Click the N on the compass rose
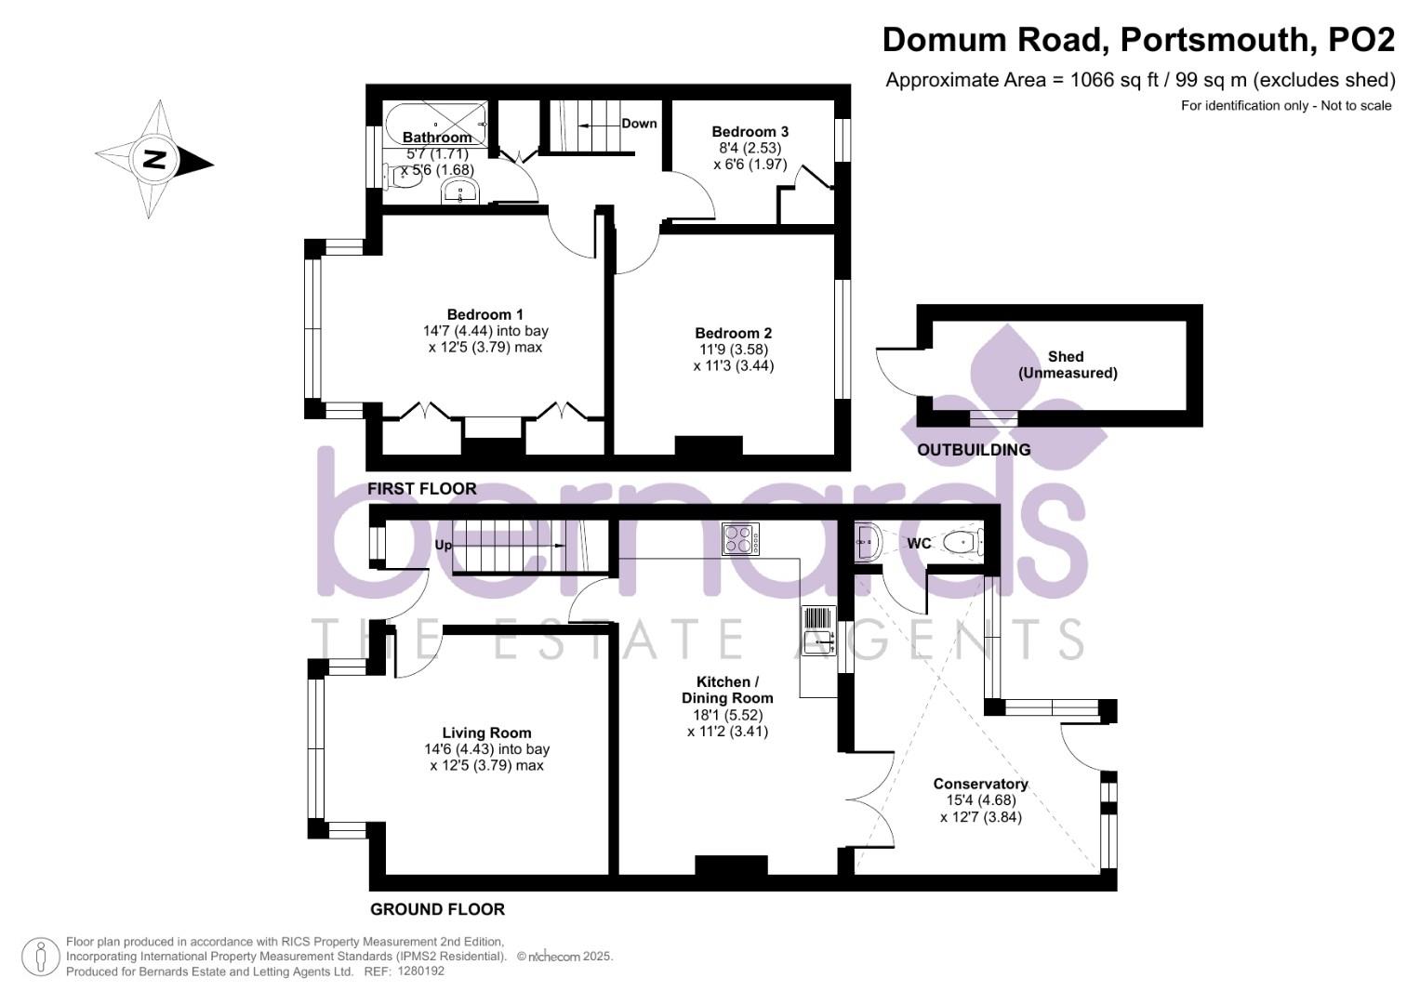pyautogui.click(x=154, y=159)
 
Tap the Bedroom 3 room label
pyautogui.click(x=750, y=132)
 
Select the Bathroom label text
pyautogui.click(x=437, y=137)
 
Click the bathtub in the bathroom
pyautogui.click(x=436, y=124)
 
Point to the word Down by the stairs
pyautogui.click(x=639, y=124)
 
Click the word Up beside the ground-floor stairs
pyautogui.click(x=444, y=545)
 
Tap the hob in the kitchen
pyautogui.click(x=740, y=539)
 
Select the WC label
pyautogui.click(x=919, y=543)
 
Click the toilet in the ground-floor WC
pyautogui.click(x=962, y=542)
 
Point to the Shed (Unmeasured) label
pyautogui.click(x=1068, y=364)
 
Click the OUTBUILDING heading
pyautogui.click(x=974, y=449)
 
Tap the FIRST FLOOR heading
pyautogui.click(x=421, y=489)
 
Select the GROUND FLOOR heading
pyautogui.click(x=437, y=909)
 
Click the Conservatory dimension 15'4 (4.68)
pyautogui.click(x=981, y=799)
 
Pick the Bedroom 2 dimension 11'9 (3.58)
pyautogui.click(x=734, y=350)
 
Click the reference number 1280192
pyautogui.click(x=420, y=971)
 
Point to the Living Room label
pyautogui.click(x=487, y=733)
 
